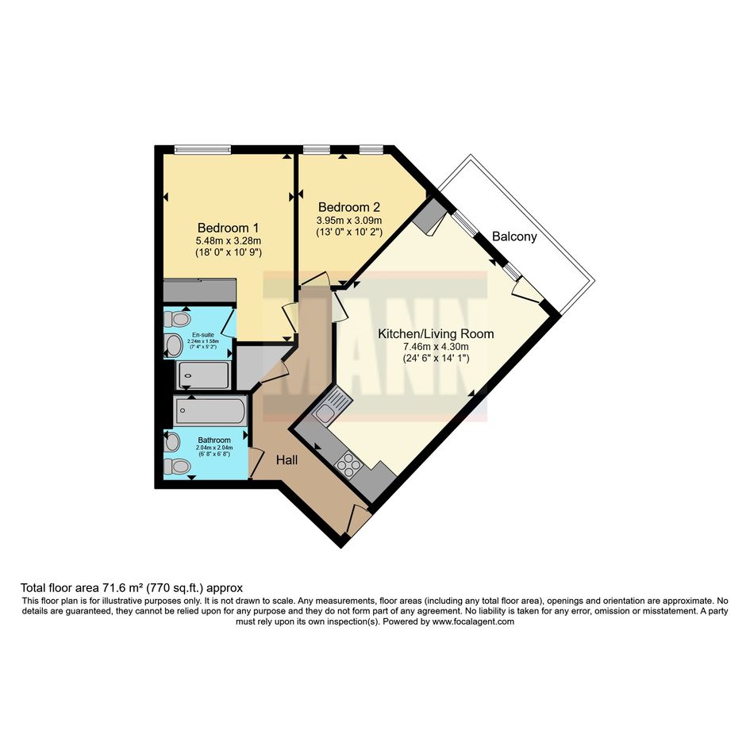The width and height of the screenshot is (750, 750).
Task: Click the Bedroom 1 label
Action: (229, 228)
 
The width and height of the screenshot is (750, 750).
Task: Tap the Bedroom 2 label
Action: (349, 207)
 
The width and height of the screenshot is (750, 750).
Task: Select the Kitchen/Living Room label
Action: (436, 333)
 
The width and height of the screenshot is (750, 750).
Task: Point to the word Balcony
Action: (514, 237)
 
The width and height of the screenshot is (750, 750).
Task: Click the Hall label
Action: (287, 460)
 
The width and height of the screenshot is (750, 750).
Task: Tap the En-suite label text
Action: (203, 335)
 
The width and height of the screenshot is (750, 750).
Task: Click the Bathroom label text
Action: (214, 440)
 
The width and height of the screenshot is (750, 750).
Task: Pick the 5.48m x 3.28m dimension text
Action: (229, 240)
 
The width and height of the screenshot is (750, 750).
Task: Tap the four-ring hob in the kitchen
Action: (348, 463)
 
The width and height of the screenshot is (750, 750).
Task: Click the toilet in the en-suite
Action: (178, 318)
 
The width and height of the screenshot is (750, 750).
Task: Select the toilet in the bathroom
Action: (177, 465)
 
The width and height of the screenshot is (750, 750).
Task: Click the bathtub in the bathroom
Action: (210, 411)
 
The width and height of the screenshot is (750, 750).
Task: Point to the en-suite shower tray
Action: (204, 375)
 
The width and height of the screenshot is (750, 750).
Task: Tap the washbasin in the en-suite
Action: (173, 345)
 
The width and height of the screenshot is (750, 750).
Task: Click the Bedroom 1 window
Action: (203, 149)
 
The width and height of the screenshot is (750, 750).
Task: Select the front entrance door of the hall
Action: (358, 520)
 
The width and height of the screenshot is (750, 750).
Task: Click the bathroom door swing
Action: (256, 463)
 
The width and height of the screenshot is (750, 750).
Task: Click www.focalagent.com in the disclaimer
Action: (473, 621)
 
